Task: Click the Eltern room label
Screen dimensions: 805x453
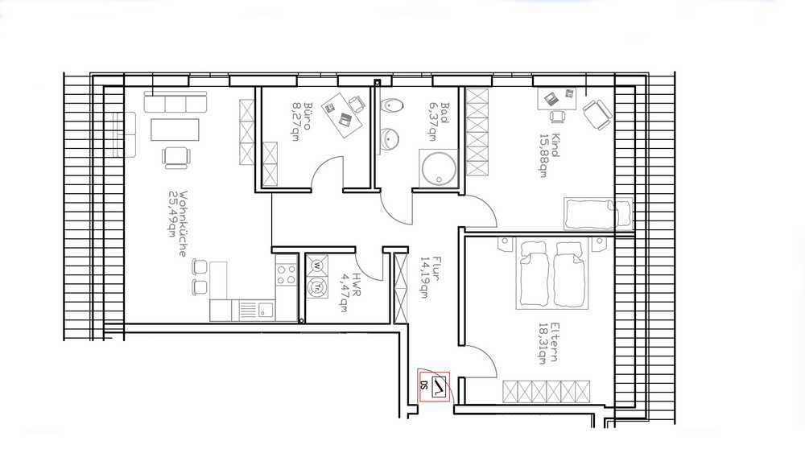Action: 554,342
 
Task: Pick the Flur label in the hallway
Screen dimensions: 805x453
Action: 437,268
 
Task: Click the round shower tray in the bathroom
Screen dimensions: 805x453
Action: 439,167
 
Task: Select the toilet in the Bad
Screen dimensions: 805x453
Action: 391,105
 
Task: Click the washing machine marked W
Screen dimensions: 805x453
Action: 316,266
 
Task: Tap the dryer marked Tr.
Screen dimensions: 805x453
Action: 317,287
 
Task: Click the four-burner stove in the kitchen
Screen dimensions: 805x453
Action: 286,274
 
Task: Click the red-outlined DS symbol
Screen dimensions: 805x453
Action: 435,387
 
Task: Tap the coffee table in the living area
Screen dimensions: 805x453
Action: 175,130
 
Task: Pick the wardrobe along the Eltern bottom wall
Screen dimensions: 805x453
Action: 547,392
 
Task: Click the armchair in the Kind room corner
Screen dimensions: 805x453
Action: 597,114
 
